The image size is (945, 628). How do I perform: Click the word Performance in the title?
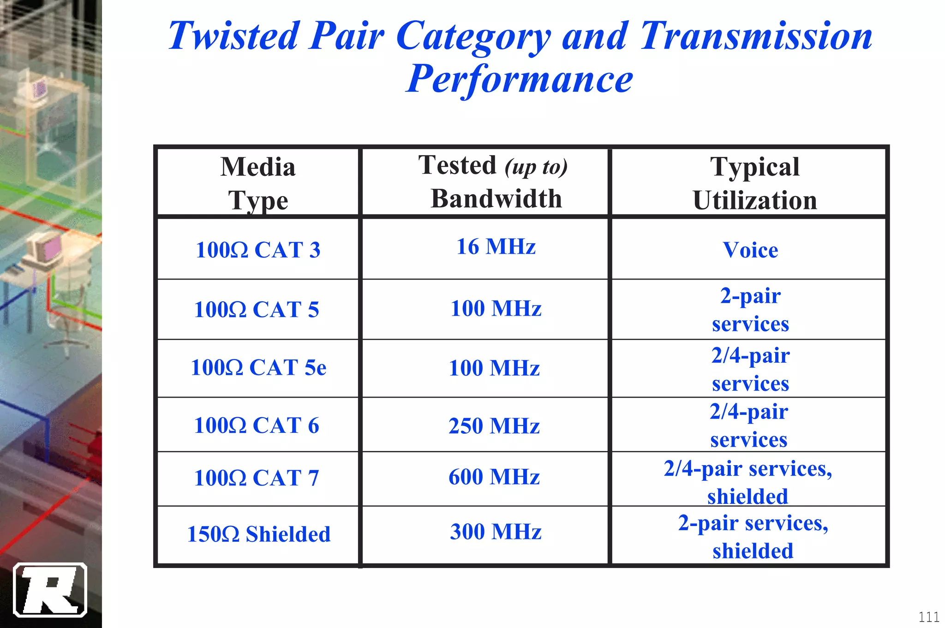pyautogui.click(x=519, y=79)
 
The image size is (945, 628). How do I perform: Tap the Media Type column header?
pyautogui.click(x=258, y=183)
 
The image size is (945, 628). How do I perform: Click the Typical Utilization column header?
pyautogui.click(x=754, y=183)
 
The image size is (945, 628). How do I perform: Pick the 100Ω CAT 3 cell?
pyautogui.click(x=258, y=250)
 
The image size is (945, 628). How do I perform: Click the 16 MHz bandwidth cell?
pyautogui.click(x=496, y=246)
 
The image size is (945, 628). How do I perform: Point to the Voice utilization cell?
pyautogui.click(x=750, y=250)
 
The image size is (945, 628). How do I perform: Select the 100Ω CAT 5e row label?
pyautogui.click(x=258, y=368)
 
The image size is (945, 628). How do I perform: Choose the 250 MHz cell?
pyautogui.click(x=494, y=425)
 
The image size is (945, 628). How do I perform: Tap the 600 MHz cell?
pyautogui.click(x=494, y=477)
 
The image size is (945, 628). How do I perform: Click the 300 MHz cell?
pyautogui.click(x=496, y=532)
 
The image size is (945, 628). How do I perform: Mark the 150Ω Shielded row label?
pyautogui.click(x=258, y=534)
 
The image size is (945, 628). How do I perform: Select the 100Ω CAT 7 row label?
pyautogui.click(x=257, y=478)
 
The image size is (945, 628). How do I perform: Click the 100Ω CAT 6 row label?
pyautogui.click(x=257, y=425)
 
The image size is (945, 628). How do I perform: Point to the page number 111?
pyautogui.click(x=928, y=617)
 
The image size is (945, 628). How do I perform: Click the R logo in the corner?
pyautogui.click(x=50, y=590)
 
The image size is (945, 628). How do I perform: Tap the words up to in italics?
pyautogui.click(x=536, y=167)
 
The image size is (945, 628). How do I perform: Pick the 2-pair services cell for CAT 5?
pyautogui.click(x=750, y=309)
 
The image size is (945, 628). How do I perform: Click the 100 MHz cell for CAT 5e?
pyautogui.click(x=494, y=368)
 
